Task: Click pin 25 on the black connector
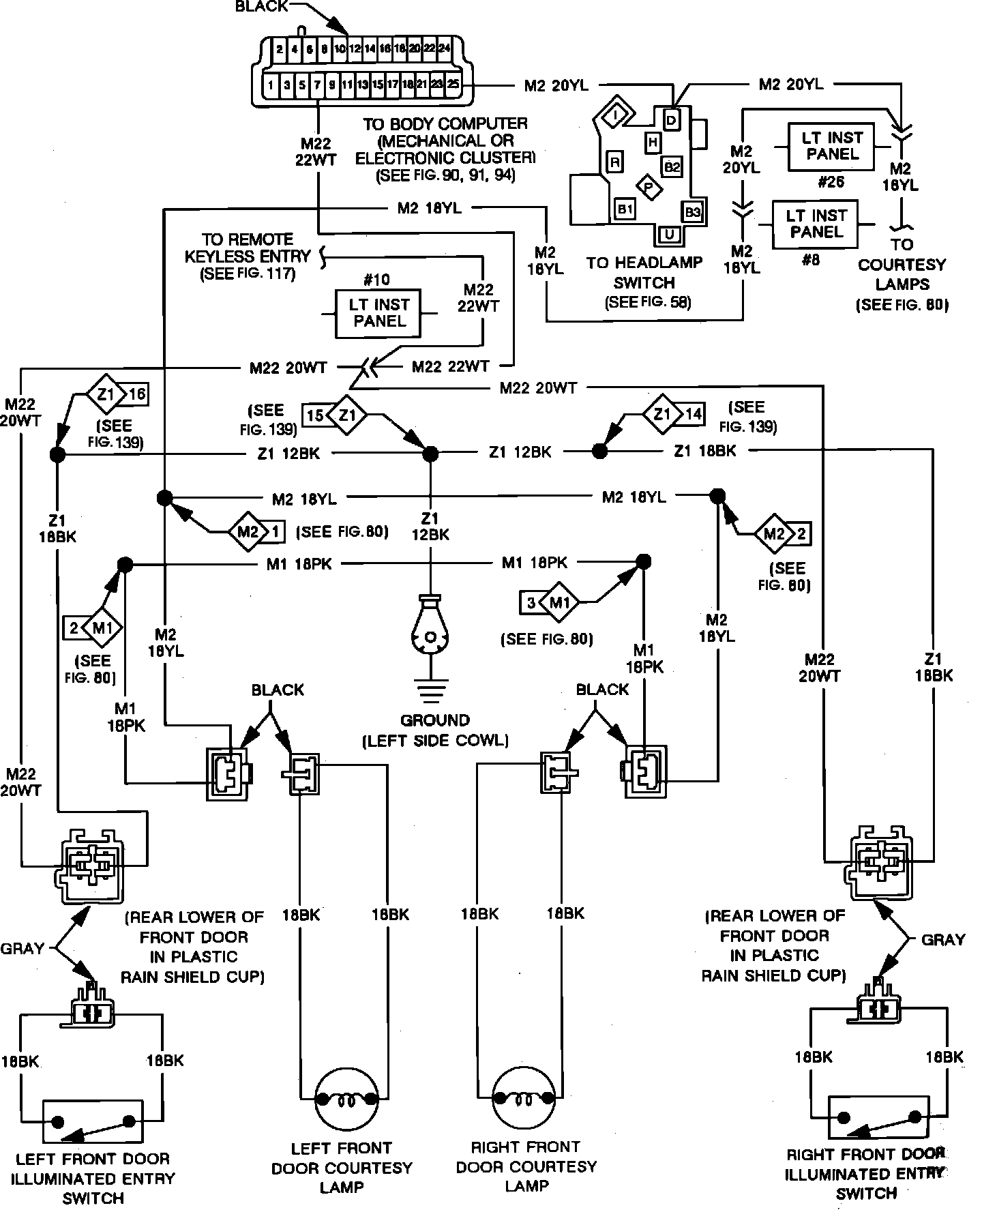(x=451, y=85)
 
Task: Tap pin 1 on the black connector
(x=271, y=85)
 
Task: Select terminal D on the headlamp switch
(x=672, y=121)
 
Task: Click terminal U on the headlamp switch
(x=670, y=235)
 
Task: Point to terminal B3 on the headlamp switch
(x=692, y=211)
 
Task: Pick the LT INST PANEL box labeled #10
(x=377, y=314)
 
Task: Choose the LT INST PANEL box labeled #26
(x=832, y=147)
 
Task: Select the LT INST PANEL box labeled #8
(x=815, y=224)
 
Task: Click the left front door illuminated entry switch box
(x=93, y=1121)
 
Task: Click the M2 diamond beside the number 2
(x=774, y=533)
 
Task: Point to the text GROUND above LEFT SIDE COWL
(x=435, y=720)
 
